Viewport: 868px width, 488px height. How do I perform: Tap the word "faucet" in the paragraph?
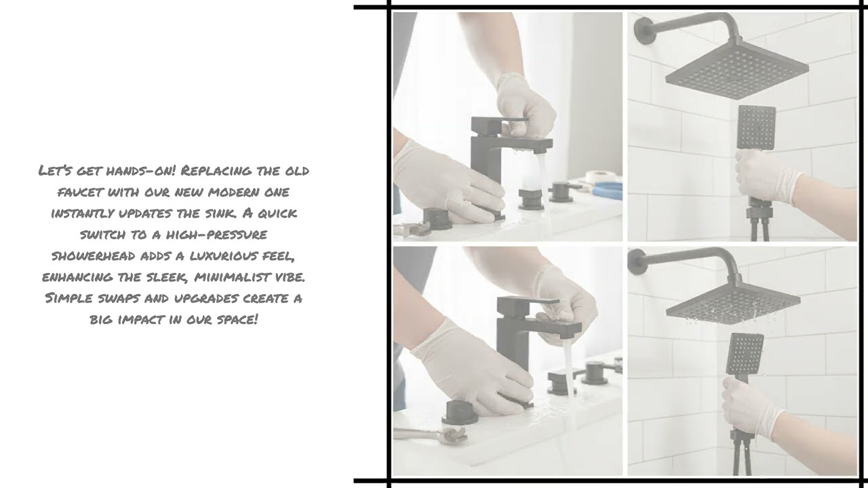(79, 192)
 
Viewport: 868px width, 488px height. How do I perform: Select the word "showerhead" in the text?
(94, 256)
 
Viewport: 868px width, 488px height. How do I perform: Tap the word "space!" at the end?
(237, 319)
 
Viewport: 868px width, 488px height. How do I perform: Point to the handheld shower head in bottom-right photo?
(745, 352)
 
